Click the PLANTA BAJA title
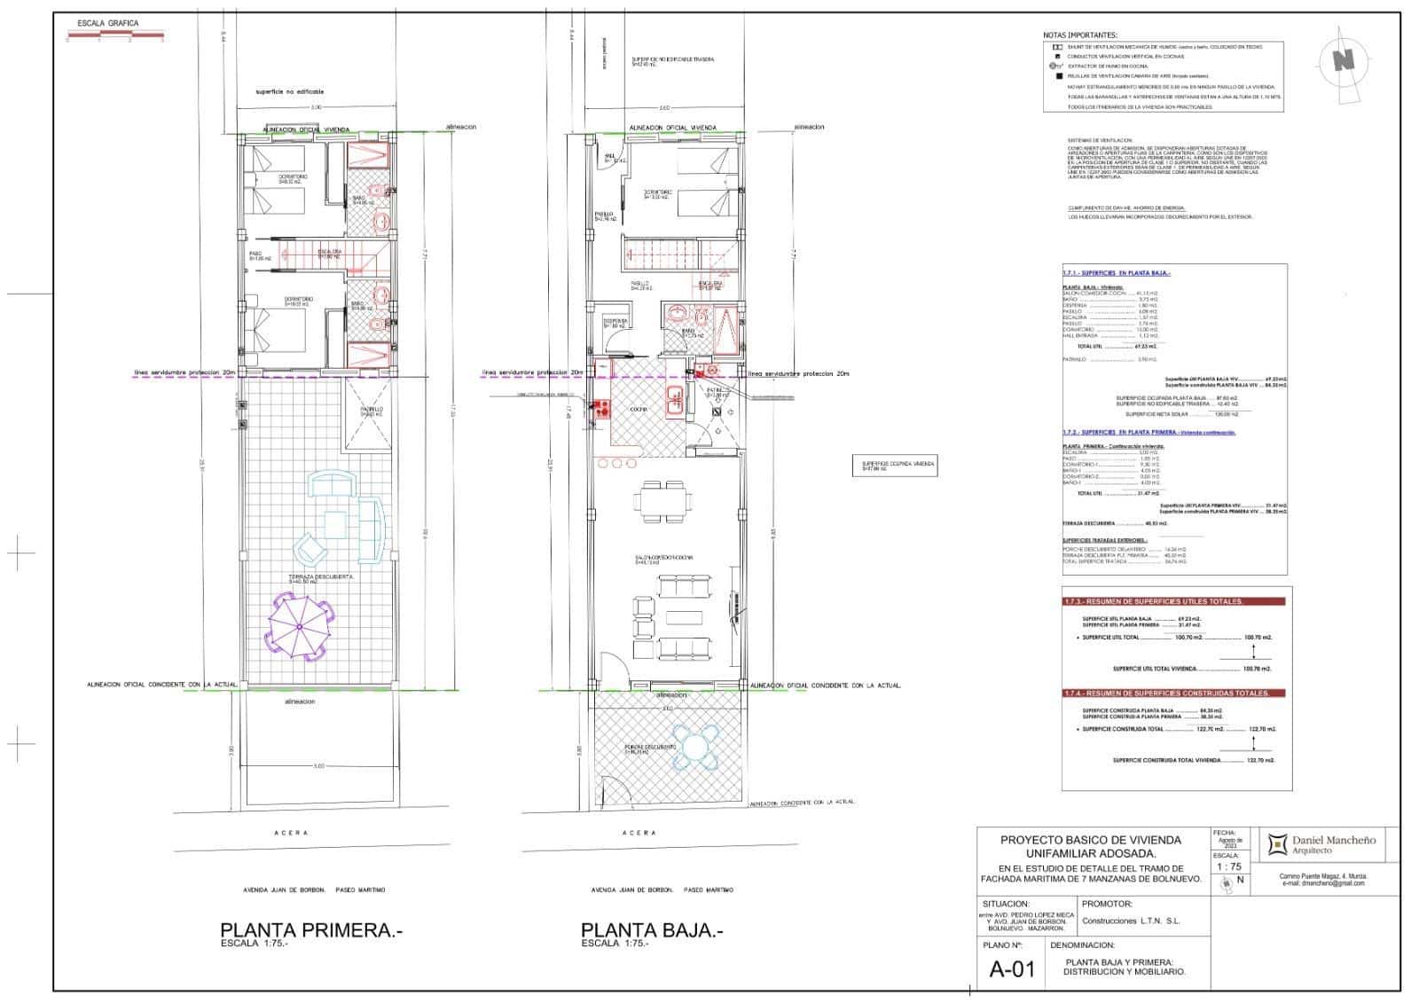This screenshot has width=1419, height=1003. pyautogui.click(x=652, y=930)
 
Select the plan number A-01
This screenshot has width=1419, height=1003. pyautogui.click(x=1011, y=968)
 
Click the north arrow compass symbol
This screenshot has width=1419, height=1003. pyautogui.click(x=1345, y=60)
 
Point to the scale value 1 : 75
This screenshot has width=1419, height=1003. pyautogui.click(x=1228, y=866)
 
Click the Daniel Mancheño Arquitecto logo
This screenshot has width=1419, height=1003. pyautogui.click(x=1321, y=844)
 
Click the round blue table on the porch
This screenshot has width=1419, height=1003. pyautogui.click(x=698, y=747)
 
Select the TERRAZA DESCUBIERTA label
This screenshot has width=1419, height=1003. pyautogui.click(x=302, y=576)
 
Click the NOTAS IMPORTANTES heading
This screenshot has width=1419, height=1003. pyautogui.click(x=1080, y=35)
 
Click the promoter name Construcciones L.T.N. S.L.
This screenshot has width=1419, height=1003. pyautogui.click(x=1131, y=921)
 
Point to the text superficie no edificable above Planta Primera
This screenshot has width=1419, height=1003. pyautogui.click(x=290, y=91)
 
